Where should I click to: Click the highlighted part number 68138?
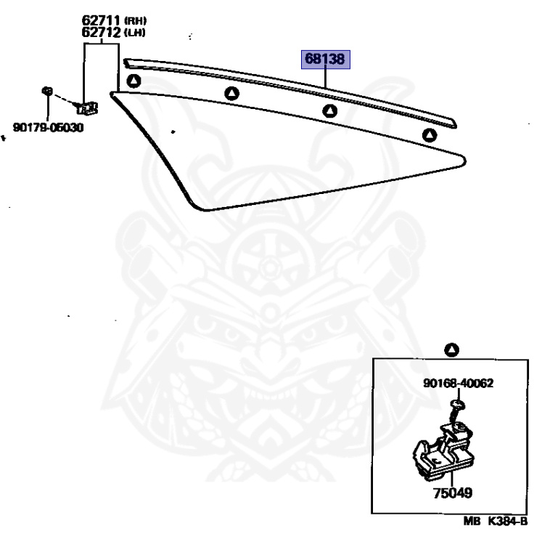[x=326, y=59]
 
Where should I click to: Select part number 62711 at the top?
[x=100, y=20]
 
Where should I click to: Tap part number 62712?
[x=100, y=33]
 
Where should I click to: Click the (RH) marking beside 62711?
[x=134, y=21]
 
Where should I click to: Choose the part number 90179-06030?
[x=48, y=128]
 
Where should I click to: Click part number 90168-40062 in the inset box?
[x=459, y=383]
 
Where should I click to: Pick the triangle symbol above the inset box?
[x=452, y=350]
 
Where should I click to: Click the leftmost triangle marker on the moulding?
[x=133, y=81]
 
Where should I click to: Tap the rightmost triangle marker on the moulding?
[x=430, y=134]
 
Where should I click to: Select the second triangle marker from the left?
[x=231, y=93]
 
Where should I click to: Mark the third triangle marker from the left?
[x=330, y=111]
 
